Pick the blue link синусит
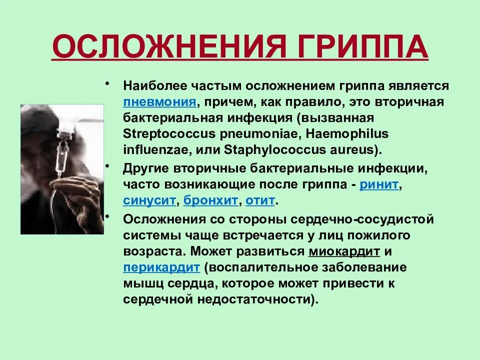[149, 201]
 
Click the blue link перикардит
[161, 267]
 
